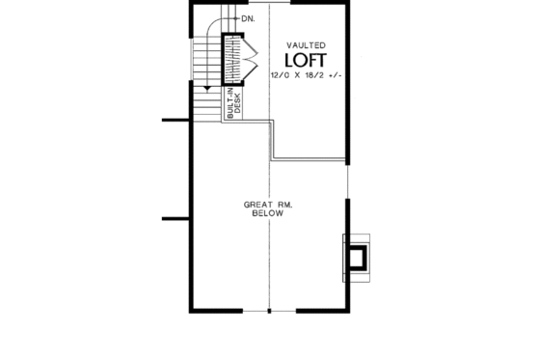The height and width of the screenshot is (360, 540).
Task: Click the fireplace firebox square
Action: [x=358, y=256]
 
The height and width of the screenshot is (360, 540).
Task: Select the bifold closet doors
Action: [x=249, y=59]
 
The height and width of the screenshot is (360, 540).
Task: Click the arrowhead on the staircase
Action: [x=207, y=87]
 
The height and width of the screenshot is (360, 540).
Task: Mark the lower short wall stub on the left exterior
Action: [x=174, y=216]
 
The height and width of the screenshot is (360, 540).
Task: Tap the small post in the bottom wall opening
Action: [x=269, y=311]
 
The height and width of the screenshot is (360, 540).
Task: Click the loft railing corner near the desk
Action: [x=276, y=120]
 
